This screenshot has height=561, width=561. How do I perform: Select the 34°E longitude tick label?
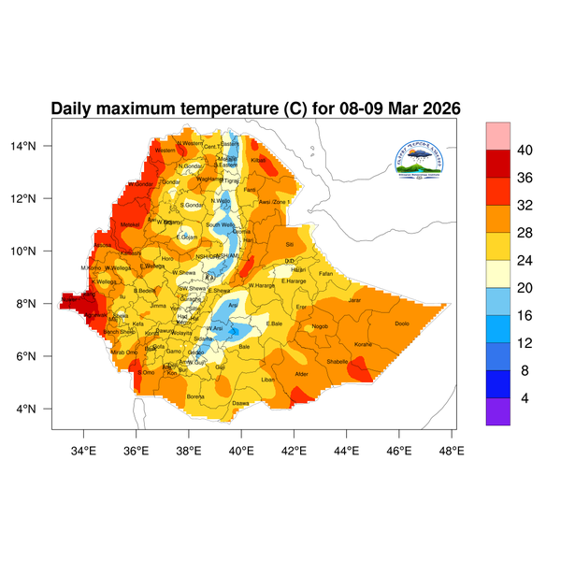84,452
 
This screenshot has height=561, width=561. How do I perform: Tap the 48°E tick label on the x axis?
453,452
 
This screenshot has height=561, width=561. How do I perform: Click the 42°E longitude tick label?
295,452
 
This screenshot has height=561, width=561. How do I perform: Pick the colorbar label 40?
525,150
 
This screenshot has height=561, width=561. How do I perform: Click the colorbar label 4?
525,399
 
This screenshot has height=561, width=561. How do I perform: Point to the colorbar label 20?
525,274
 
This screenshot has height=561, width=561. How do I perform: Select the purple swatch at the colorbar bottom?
497,412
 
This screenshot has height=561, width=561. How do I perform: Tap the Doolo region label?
402,324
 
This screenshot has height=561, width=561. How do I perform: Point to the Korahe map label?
363,345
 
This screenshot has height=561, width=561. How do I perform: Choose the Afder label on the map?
301,374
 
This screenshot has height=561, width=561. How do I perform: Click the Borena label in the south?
195,396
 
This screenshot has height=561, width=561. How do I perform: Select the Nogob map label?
320,326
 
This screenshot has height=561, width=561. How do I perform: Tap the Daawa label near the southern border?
240,403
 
